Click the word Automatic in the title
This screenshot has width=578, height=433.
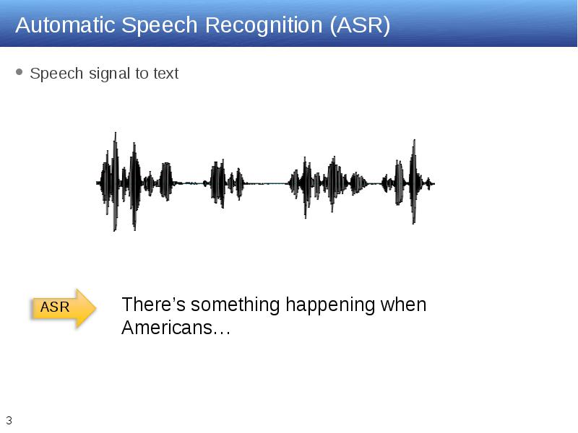point(65,25)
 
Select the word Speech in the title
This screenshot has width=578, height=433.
point(160,26)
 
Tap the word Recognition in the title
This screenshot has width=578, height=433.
point(264,26)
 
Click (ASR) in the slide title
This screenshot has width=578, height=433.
point(360,26)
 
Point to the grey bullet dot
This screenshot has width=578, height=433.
point(20,71)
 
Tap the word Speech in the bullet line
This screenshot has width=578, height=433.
point(56,74)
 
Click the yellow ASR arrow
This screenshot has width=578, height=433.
point(63,308)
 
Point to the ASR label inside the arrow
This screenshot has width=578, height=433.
point(55,307)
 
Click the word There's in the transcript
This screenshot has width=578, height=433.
point(153,305)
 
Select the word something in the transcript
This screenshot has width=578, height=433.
point(236,305)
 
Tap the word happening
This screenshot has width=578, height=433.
point(330,305)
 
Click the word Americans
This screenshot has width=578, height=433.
point(167,328)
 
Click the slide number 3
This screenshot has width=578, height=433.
point(9,421)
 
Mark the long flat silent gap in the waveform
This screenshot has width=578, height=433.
point(266,183)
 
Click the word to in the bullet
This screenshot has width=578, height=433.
point(142,74)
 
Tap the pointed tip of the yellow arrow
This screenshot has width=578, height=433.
point(96,308)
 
